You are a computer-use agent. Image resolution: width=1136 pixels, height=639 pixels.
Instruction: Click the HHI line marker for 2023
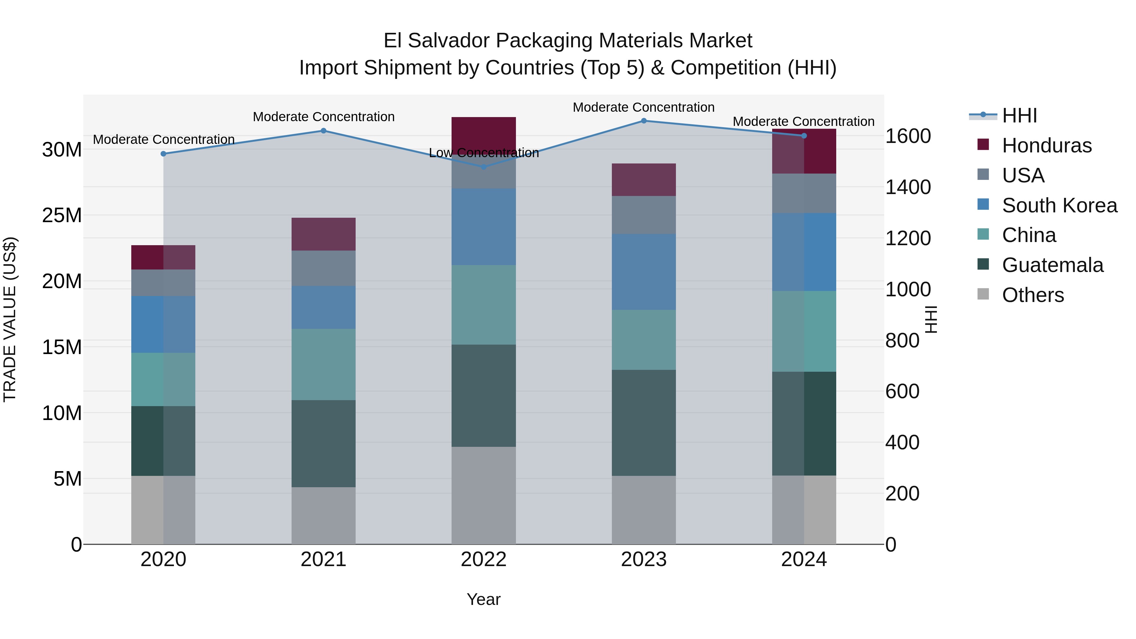point(643,121)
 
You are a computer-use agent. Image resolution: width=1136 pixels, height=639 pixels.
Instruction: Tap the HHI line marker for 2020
point(163,154)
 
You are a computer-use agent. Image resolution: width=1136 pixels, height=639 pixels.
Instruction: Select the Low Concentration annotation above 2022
point(484,153)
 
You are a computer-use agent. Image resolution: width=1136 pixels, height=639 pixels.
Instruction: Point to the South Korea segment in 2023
point(643,272)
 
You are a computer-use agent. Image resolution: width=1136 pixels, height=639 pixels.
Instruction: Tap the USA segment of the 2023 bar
point(643,215)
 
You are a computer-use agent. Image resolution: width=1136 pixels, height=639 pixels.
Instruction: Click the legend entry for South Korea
point(1059,205)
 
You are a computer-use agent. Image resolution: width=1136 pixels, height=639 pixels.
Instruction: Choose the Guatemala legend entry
point(1052,265)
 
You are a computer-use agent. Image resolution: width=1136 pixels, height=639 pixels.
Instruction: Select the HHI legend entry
point(1019,115)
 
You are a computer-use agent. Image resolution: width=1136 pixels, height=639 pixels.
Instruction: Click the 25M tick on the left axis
point(62,216)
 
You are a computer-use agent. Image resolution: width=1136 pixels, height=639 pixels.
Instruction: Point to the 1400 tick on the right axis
point(908,187)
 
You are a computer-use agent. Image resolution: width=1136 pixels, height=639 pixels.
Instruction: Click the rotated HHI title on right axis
point(931,319)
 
